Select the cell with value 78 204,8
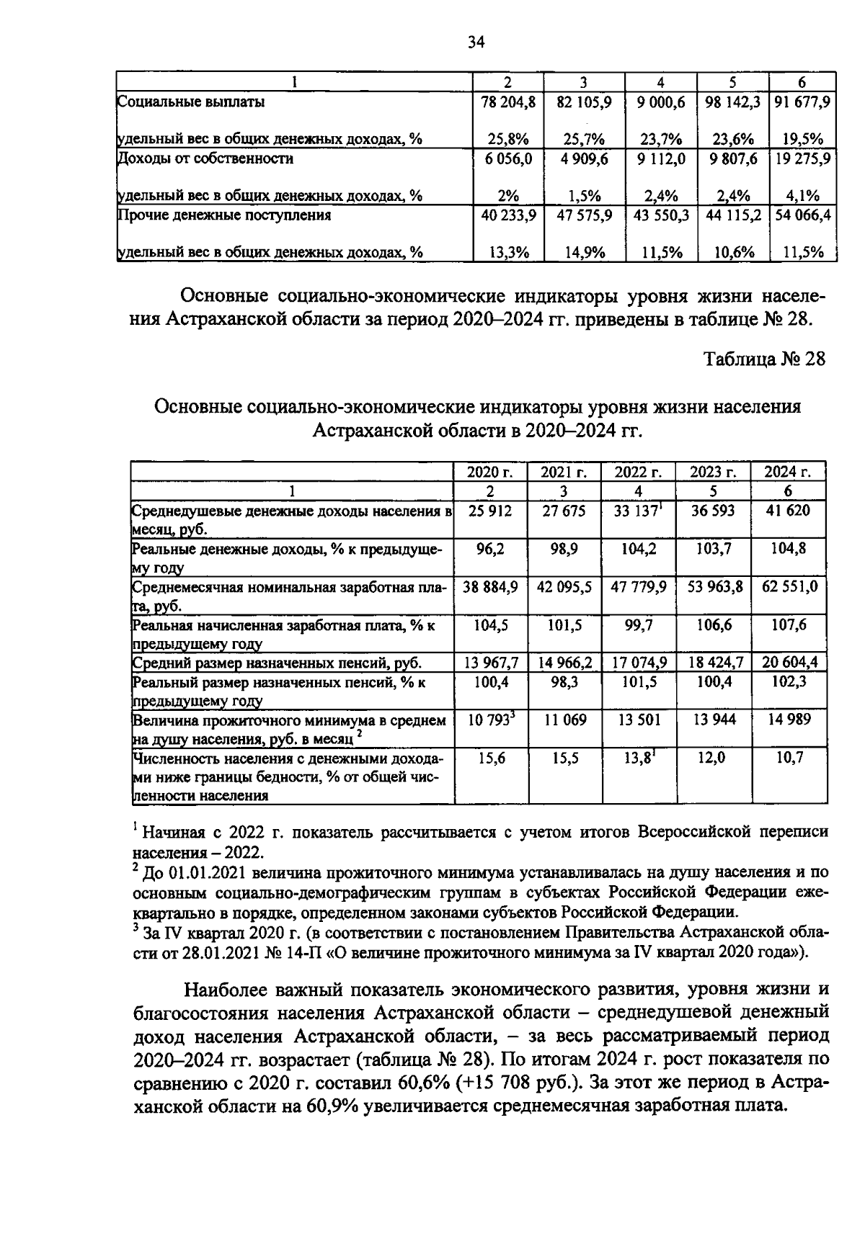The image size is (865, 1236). coord(508,102)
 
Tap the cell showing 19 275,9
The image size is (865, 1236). coord(802,159)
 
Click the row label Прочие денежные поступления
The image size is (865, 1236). coord(224,215)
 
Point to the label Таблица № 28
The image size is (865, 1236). coord(763,359)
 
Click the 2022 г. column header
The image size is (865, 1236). coord(637,473)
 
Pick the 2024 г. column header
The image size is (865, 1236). coord(788,473)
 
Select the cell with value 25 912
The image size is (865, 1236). coord(490,511)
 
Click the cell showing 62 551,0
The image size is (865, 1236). coord(790,587)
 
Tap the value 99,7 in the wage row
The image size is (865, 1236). coord(638,625)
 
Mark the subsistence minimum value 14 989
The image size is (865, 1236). coord(788,720)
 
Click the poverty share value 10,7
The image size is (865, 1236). coord(789,758)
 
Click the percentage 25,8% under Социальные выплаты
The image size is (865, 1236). coord(508,139)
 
